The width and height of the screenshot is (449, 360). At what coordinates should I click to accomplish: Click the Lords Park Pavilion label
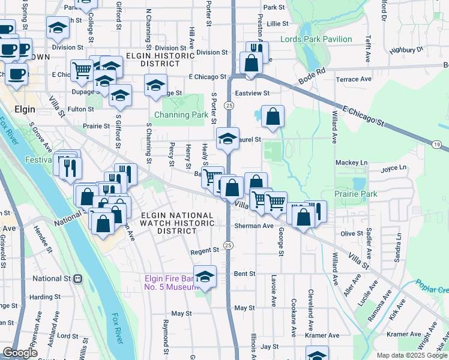click(316, 39)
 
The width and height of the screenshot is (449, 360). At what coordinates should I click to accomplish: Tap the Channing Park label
click(181, 115)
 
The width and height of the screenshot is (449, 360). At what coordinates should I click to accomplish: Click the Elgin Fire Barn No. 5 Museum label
click(171, 283)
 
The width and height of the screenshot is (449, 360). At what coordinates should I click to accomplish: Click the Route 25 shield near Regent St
click(228, 245)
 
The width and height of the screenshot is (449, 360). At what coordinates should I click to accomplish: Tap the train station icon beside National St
click(77, 278)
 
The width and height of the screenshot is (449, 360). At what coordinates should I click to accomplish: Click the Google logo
click(20, 353)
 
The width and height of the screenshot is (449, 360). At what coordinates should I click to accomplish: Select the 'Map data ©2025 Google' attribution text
click(412, 355)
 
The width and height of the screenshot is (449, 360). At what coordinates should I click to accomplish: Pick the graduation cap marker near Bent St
click(205, 277)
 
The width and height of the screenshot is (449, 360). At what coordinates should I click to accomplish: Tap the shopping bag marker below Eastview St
click(273, 118)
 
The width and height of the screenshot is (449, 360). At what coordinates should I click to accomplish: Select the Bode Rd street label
click(312, 71)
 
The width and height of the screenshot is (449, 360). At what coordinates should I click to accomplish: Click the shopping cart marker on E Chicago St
click(82, 70)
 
